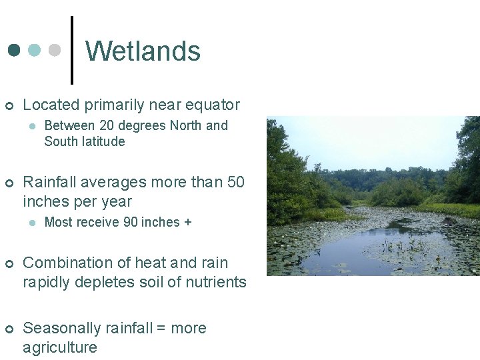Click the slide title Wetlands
(143, 51)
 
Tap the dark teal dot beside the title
(14, 51)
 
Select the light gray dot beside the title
(55, 51)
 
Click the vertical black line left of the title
(72, 50)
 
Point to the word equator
(212, 105)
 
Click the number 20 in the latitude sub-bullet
(107, 125)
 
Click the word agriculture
(60, 347)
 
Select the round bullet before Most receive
(31, 223)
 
